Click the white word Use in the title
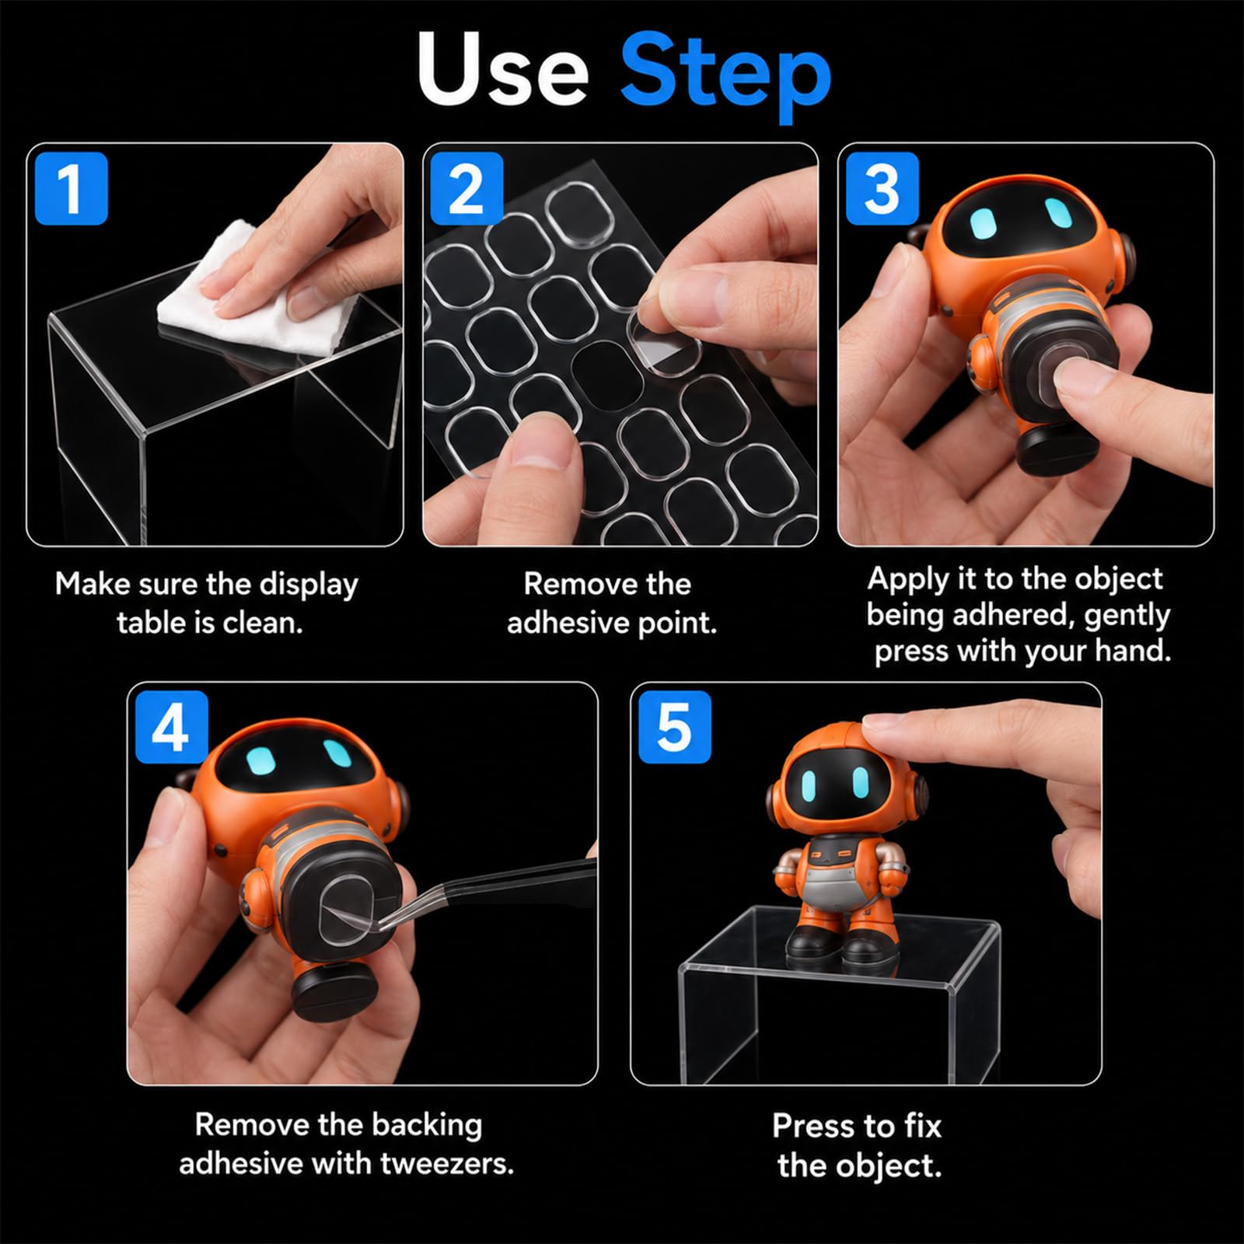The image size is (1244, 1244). coord(502,70)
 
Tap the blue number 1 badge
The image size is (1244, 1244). coord(71,189)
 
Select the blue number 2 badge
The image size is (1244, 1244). coord(466,189)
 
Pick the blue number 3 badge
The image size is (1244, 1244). coord(882,189)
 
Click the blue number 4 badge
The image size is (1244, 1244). coord(172,728)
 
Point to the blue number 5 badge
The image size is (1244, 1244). coord(675,728)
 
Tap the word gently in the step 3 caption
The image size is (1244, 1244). coord(1127,615)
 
